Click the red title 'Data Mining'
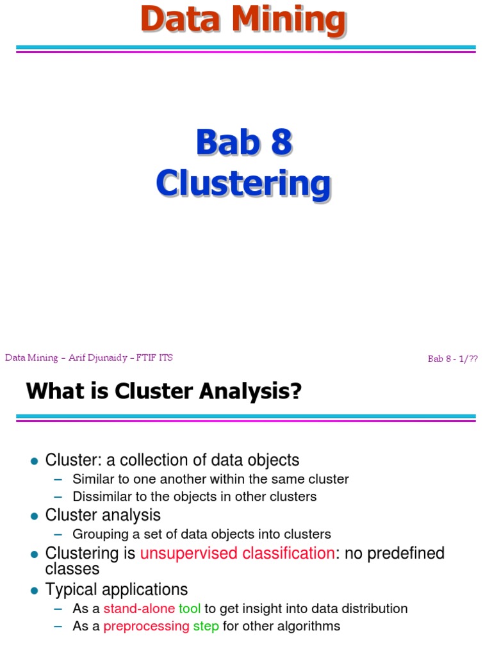coord(243,19)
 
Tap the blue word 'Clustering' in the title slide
coord(243,183)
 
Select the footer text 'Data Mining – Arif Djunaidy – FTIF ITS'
coord(89,357)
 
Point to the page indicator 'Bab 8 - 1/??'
coord(453,359)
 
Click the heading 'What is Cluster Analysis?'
coord(163,390)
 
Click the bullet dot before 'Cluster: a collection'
coord(35,461)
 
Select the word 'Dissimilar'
coord(102,496)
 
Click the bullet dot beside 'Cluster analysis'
coord(35,516)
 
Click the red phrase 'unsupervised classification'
coord(237,553)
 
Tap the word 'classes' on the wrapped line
coord(72,569)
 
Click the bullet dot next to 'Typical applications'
coord(35,590)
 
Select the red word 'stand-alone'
coord(139,609)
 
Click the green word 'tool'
coord(190,609)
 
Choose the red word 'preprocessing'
coord(146,626)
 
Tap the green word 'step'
coord(206,626)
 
